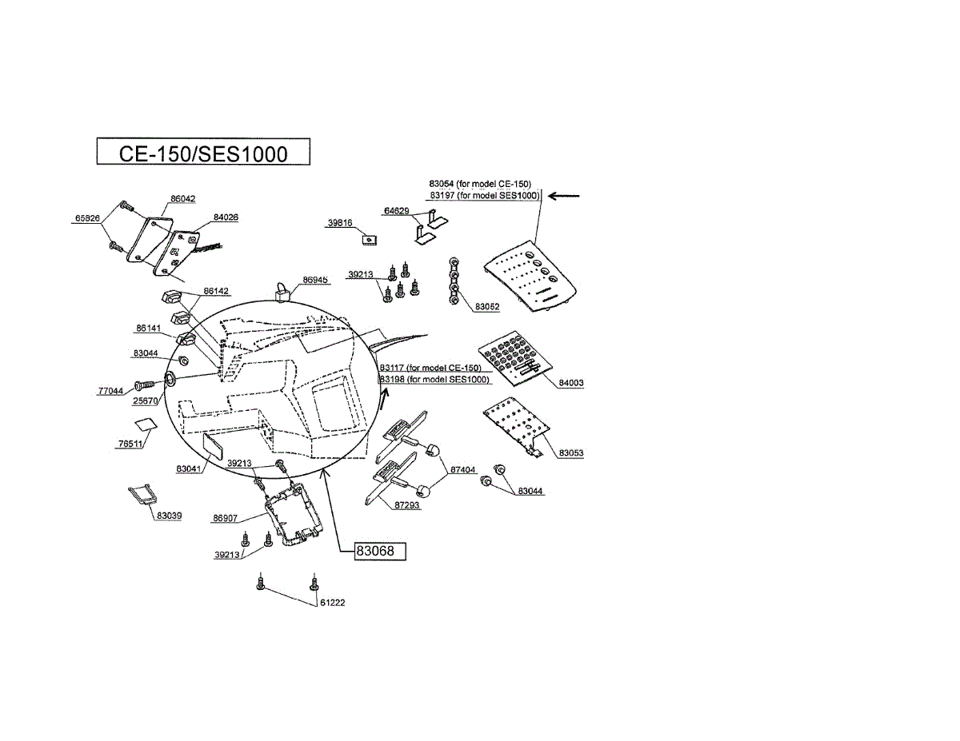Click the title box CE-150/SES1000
point(202,152)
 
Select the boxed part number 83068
point(380,552)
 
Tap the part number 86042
point(182,199)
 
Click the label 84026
point(225,217)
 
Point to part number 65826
point(87,218)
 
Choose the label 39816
point(340,223)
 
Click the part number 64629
point(397,211)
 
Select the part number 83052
point(487,307)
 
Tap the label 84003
point(571,383)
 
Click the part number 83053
point(571,453)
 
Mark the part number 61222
point(332,604)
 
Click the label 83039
point(169,516)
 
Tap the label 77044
point(110,392)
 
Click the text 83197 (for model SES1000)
point(484,195)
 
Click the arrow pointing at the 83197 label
point(565,195)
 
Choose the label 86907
point(225,519)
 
